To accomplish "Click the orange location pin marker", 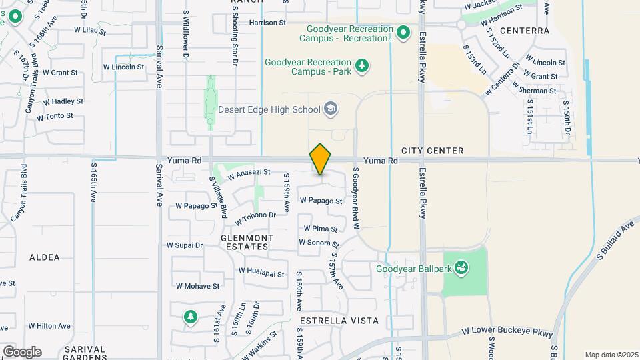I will pyautogui.click(x=321, y=160).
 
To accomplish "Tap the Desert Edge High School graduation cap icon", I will pyautogui.click(x=330, y=108).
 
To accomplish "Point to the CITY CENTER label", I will pyautogui.click(x=432, y=151).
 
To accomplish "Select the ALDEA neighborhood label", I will pyautogui.click(x=45, y=257).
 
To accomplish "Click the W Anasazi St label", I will pyautogui.click(x=248, y=174).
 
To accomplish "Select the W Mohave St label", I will pyautogui.click(x=197, y=286).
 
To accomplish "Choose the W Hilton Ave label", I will pyautogui.click(x=49, y=326).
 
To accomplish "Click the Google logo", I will pyautogui.click(x=21, y=351).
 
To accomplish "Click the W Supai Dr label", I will pyautogui.click(x=185, y=245).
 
